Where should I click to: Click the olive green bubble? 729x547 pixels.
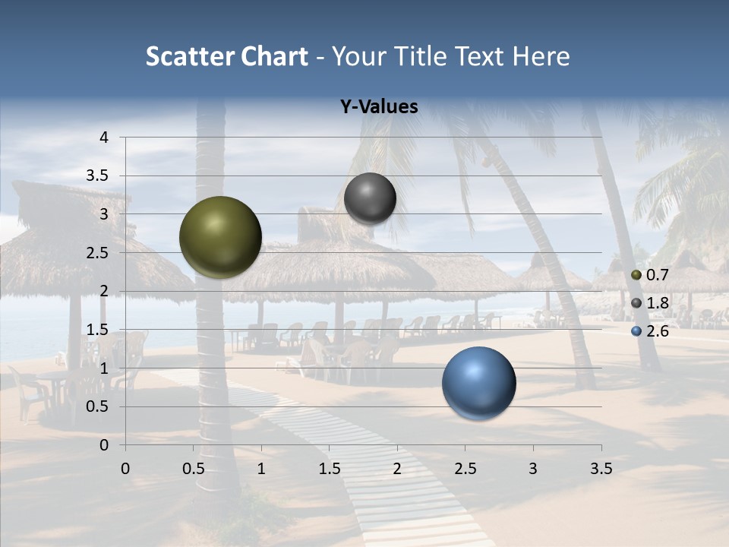pos(220,237)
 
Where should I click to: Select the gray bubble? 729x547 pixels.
pos(370,198)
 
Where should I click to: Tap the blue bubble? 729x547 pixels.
pos(478,383)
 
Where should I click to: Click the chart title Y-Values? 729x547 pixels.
pos(378,107)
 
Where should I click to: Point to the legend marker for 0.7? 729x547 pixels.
pos(636,274)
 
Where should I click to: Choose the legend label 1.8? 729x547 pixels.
pos(657,303)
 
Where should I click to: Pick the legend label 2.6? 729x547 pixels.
pos(657,331)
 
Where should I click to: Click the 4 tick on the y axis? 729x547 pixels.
pos(104,138)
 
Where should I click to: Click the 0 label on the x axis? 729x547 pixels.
pos(125,469)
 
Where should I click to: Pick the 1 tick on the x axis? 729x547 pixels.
pos(261,469)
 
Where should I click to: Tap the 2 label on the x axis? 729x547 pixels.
pos(397,469)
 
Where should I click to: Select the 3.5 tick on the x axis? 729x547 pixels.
pos(601,469)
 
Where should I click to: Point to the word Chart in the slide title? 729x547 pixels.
pos(273,56)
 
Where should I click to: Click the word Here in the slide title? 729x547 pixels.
pos(541,56)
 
